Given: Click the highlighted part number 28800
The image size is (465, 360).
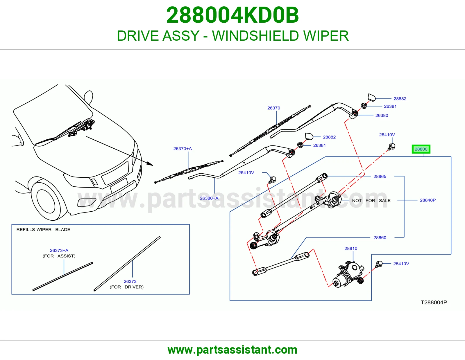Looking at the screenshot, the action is (x=421, y=149).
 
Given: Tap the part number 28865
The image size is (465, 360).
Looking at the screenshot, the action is (x=380, y=176).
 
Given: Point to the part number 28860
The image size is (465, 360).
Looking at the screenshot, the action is (x=380, y=237).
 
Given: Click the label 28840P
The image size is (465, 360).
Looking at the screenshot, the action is (x=428, y=200).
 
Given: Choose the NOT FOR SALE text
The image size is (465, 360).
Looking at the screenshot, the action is (x=371, y=201).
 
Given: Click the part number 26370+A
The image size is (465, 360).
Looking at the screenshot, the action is (x=183, y=149).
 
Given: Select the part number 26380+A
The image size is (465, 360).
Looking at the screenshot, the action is (x=209, y=198).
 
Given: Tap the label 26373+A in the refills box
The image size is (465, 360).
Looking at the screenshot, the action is (x=59, y=250).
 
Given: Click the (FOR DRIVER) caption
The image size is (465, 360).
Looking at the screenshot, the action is (x=127, y=287).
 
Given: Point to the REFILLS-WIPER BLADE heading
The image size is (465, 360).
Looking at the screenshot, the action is (x=43, y=230).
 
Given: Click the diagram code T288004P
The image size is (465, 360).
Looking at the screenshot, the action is (x=434, y=302).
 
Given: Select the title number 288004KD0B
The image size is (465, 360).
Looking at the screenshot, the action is (x=233, y=15).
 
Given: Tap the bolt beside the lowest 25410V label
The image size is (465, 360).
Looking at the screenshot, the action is (x=379, y=264).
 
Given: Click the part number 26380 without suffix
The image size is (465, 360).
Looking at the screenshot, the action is (x=382, y=116).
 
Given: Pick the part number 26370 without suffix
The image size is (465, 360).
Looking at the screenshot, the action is (x=273, y=108).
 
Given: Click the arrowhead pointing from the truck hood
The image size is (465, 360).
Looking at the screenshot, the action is (x=151, y=164).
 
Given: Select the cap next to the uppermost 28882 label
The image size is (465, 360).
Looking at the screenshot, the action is (x=372, y=98).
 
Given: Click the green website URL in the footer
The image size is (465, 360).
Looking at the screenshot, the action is (x=233, y=350).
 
